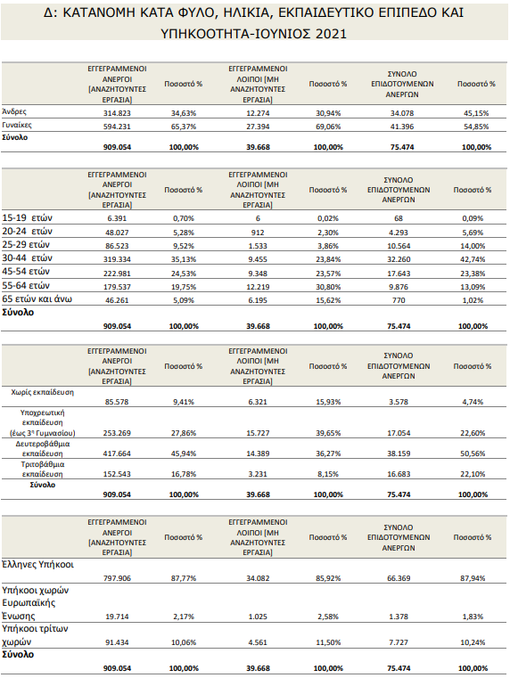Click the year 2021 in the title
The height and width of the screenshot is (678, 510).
point(332,34)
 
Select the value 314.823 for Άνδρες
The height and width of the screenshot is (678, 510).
point(117,113)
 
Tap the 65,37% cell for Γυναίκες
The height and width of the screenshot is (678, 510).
point(184,127)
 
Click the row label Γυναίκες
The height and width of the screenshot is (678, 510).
point(17,126)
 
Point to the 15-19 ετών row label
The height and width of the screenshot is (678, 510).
point(28,218)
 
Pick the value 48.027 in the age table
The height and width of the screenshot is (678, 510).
point(117,233)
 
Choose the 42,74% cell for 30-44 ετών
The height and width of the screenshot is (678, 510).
point(473,259)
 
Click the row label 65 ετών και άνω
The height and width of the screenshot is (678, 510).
point(37,299)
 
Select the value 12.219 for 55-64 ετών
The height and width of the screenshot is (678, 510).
point(258,287)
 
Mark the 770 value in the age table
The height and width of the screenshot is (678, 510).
point(399,300)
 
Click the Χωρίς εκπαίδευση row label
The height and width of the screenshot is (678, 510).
point(43,392)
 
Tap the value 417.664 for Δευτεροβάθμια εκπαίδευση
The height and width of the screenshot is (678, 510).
point(117,453)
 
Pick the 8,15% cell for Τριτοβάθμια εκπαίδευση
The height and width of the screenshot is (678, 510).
point(328,474)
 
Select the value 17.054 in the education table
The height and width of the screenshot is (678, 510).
point(399,433)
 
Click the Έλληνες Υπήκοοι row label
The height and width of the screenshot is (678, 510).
point(38,565)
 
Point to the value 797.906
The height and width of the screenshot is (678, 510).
point(117,578)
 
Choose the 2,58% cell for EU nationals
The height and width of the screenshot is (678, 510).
point(328,617)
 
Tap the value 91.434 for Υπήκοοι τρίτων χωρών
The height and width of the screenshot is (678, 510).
point(117,642)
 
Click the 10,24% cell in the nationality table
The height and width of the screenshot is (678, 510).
point(473,642)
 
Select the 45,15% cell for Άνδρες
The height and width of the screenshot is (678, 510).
point(476,113)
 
